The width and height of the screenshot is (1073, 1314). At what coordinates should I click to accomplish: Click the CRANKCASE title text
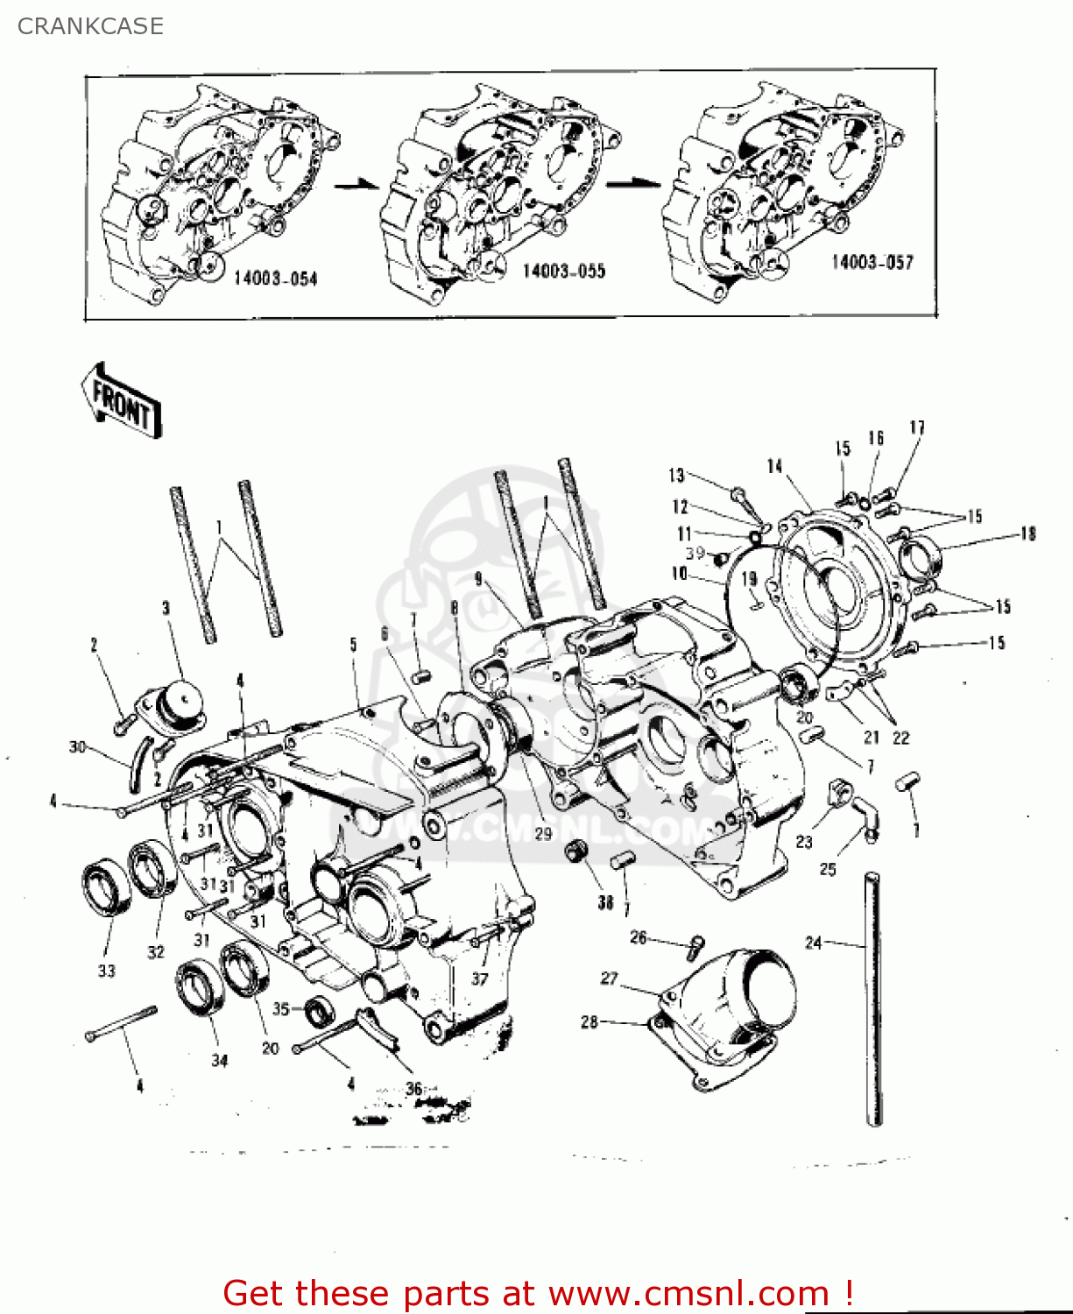[x=90, y=26]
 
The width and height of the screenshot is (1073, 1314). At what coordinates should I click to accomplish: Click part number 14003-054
[x=275, y=279]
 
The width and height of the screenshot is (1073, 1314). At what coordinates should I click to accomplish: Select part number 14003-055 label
[x=564, y=271]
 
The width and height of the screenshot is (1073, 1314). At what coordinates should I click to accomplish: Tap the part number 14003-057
[x=872, y=262]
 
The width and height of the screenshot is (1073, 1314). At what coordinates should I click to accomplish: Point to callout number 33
[x=106, y=971]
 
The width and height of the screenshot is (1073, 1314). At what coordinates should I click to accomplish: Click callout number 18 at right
[x=1027, y=533]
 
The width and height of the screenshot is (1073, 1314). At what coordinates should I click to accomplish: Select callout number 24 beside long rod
[x=814, y=943]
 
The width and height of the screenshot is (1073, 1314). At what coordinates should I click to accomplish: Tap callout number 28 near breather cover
[x=589, y=1021]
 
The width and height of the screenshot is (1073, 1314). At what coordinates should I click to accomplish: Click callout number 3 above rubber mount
[x=166, y=608]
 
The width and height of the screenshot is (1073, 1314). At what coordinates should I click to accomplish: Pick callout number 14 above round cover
[x=774, y=466]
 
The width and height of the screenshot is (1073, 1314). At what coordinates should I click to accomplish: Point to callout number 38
[x=605, y=901]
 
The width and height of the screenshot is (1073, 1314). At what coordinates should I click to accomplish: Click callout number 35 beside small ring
[x=280, y=1008]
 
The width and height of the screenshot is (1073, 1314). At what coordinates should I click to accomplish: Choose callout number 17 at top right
[x=916, y=427]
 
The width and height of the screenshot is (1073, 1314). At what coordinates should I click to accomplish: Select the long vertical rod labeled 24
[x=873, y=999]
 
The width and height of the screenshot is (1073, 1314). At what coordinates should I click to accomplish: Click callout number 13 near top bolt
[x=676, y=475]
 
